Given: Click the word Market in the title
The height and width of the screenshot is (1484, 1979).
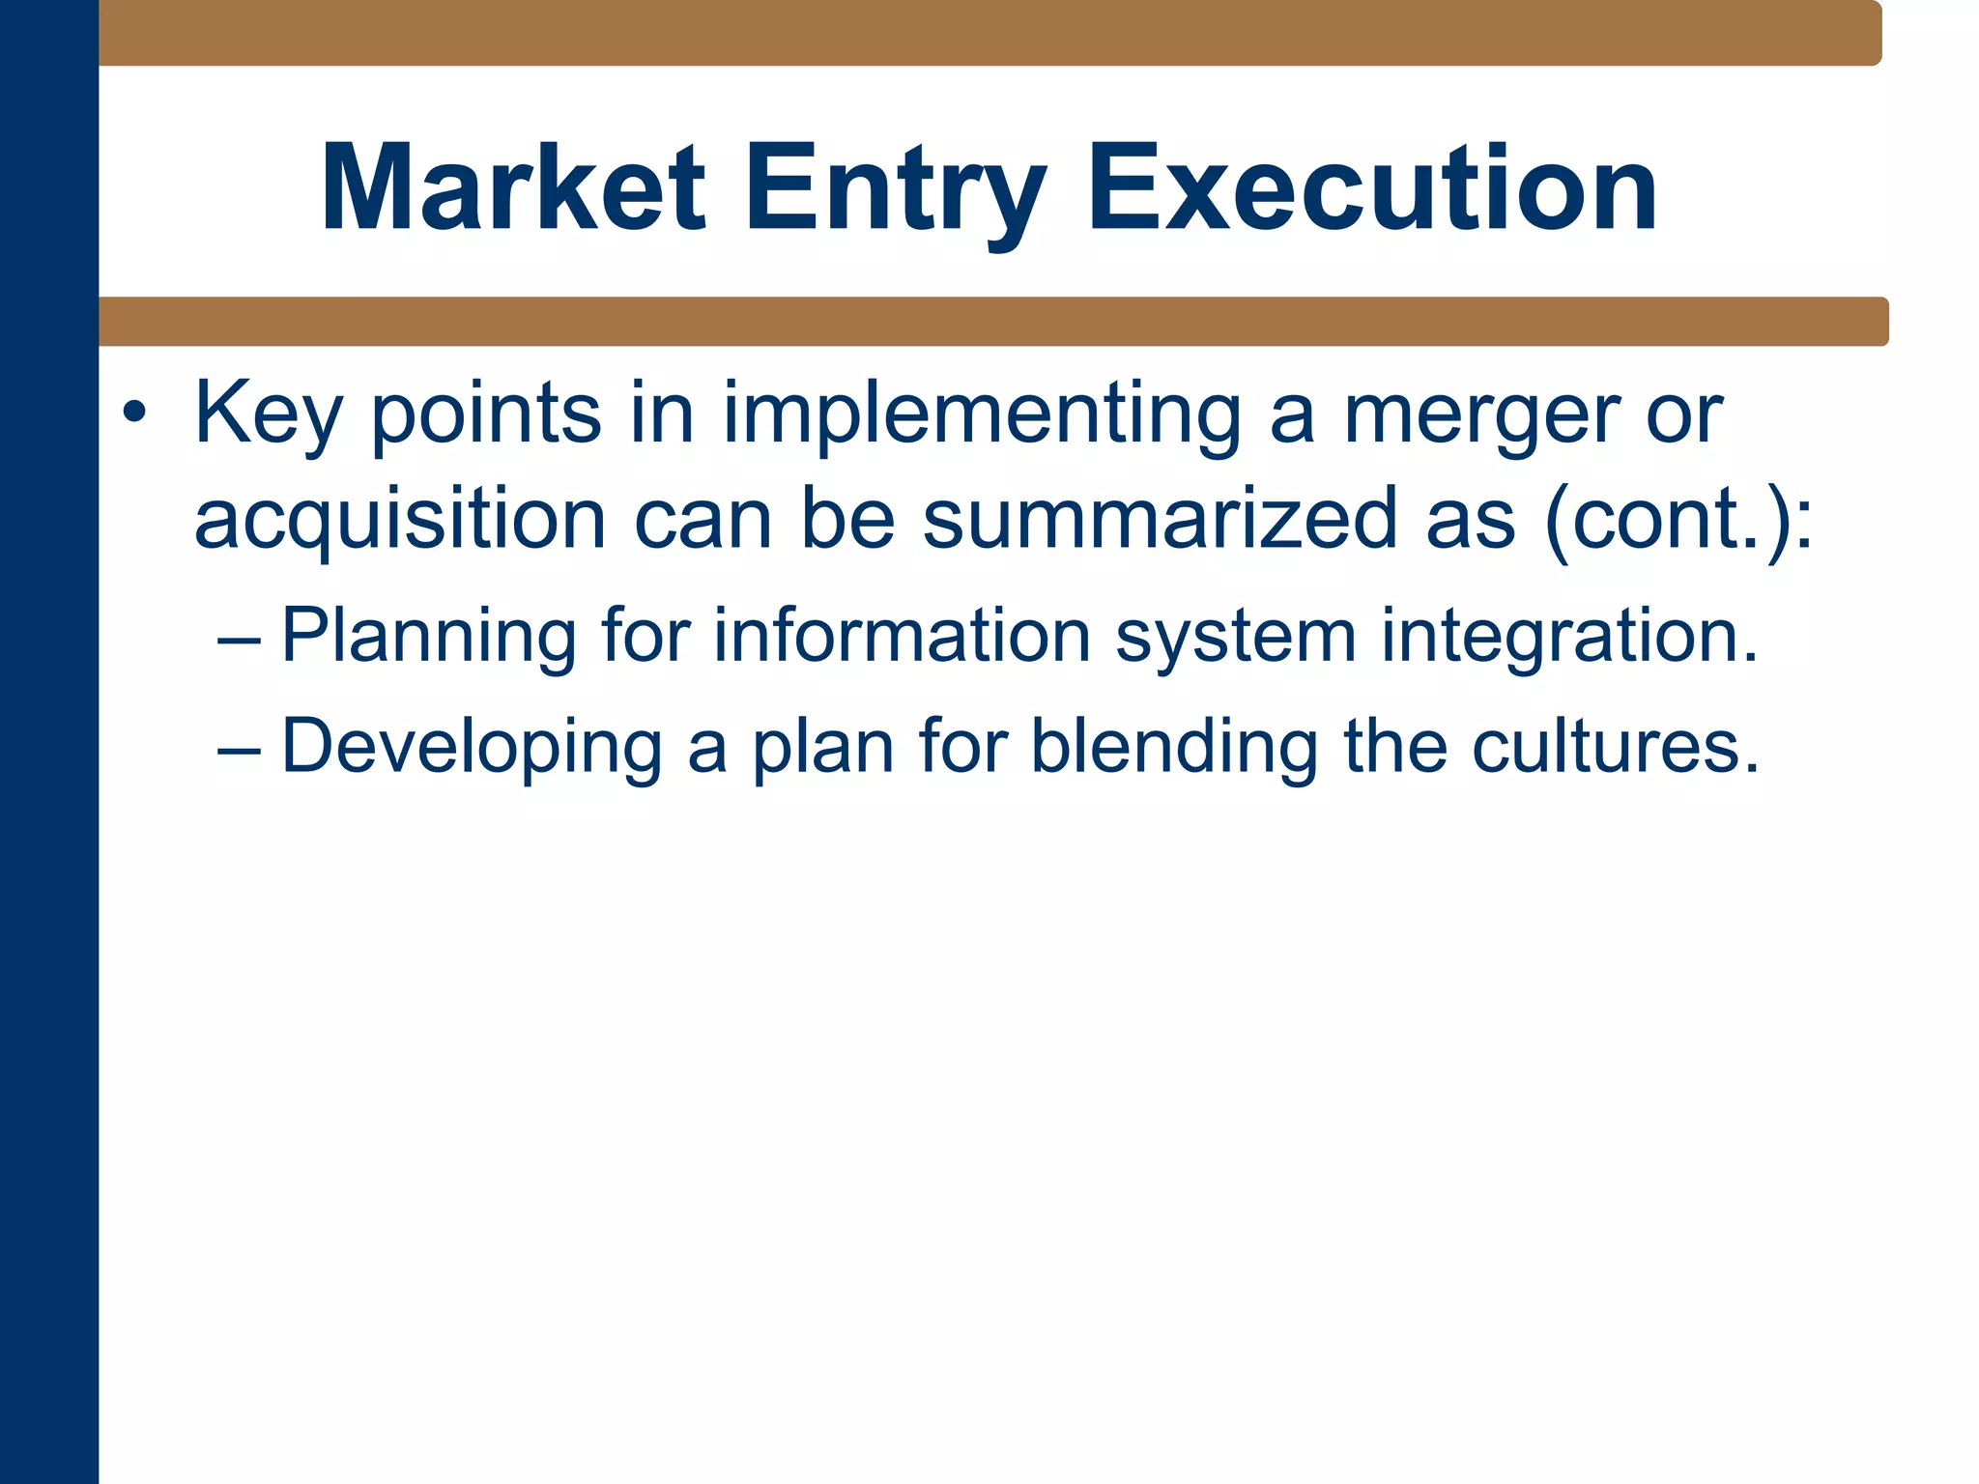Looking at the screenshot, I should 513,187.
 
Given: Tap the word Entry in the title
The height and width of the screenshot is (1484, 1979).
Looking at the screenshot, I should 895,187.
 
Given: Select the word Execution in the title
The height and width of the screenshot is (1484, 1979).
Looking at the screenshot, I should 1372,187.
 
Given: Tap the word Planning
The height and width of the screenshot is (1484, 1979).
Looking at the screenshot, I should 429,638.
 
